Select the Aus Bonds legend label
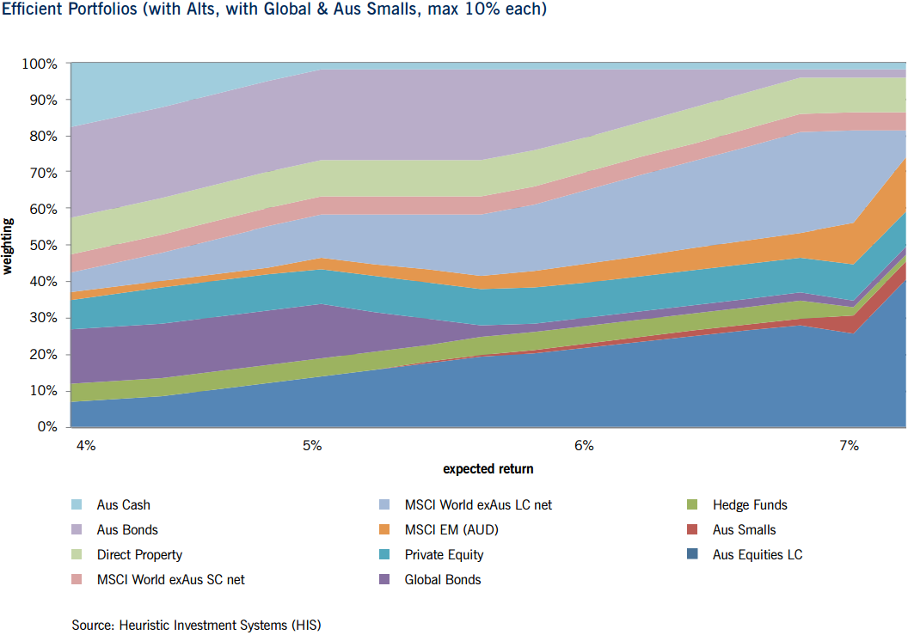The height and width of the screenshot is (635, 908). pyautogui.click(x=127, y=530)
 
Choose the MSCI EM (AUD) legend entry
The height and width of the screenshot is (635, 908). pyautogui.click(x=451, y=530)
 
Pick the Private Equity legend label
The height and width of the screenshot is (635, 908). pyautogui.click(x=444, y=555)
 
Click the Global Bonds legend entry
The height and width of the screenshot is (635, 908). pyautogui.click(x=443, y=580)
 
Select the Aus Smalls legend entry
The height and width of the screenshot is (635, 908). pyautogui.click(x=744, y=530)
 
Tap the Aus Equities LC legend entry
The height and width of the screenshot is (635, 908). pyautogui.click(x=757, y=555)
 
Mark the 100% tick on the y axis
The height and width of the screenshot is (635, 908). pyautogui.click(x=39, y=64)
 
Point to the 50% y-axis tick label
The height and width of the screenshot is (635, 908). pyautogui.click(x=41, y=246)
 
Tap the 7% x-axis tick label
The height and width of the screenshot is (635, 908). pyautogui.click(x=849, y=446)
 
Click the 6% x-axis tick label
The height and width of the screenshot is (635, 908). pyautogui.click(x=584, y=446)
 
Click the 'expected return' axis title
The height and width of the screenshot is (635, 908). pyautogui.click(x=488, y=469)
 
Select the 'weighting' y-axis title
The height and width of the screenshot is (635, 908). pyautogui.click(x=9, y=246)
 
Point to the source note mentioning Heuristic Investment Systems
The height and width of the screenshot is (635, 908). pyautogui.click(x=201, y=625)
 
